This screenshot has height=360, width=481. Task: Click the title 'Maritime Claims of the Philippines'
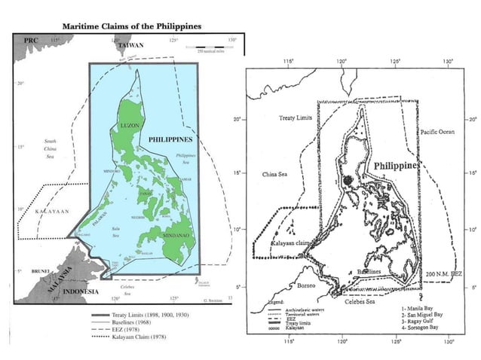pos(131,25)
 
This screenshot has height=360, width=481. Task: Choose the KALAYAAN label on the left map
pos(53,212)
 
